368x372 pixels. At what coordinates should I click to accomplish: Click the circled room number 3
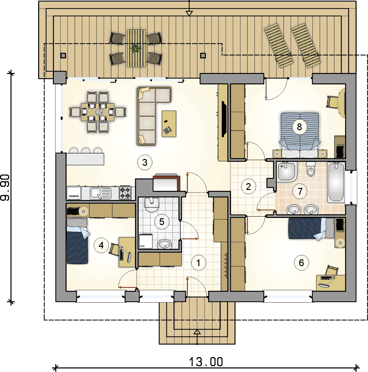pyautogui.click(x=145, y=163)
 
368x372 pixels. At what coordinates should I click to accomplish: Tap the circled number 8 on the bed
pyautogui.click(x=299, y=127)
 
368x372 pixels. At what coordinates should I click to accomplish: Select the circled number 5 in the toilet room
pyautogui.click(x=162, y=222)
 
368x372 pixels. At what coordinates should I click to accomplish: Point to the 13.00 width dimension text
pyautogui.click(x=206, y=362)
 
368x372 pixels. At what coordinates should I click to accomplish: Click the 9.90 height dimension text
pyautogui.click(x=5, y=187)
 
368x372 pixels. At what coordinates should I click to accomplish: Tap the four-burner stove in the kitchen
pyautogui.click(x=125, y=192)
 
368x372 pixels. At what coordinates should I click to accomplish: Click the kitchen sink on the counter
pyautogui.click(x=100, y=193)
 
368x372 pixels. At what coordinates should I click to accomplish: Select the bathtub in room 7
pyautogui.click(x=336, y=182)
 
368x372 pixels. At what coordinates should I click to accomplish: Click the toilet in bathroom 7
pyautogui.click(x=310, y=169)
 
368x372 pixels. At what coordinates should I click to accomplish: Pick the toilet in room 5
pyautogui.click(x=152, y=205)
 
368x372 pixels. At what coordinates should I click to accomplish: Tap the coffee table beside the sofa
pyautogui.click(x=169, y=123)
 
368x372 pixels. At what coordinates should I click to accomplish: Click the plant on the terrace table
pyautogui.click(x=136, y=49)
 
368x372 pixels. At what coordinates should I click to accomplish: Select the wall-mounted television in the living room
pyautogui.click(x=223, y=119)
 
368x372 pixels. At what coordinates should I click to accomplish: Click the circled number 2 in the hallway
pyautogui.click(x=249, y=186)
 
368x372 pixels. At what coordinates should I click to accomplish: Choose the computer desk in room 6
pyautogui.click(x=330, y=283)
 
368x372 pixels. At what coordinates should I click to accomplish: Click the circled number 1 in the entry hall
pyautogui.click(x=198, y=263)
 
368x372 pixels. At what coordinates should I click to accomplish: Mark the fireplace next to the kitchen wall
pyautogui.click(x=166, y=182)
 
